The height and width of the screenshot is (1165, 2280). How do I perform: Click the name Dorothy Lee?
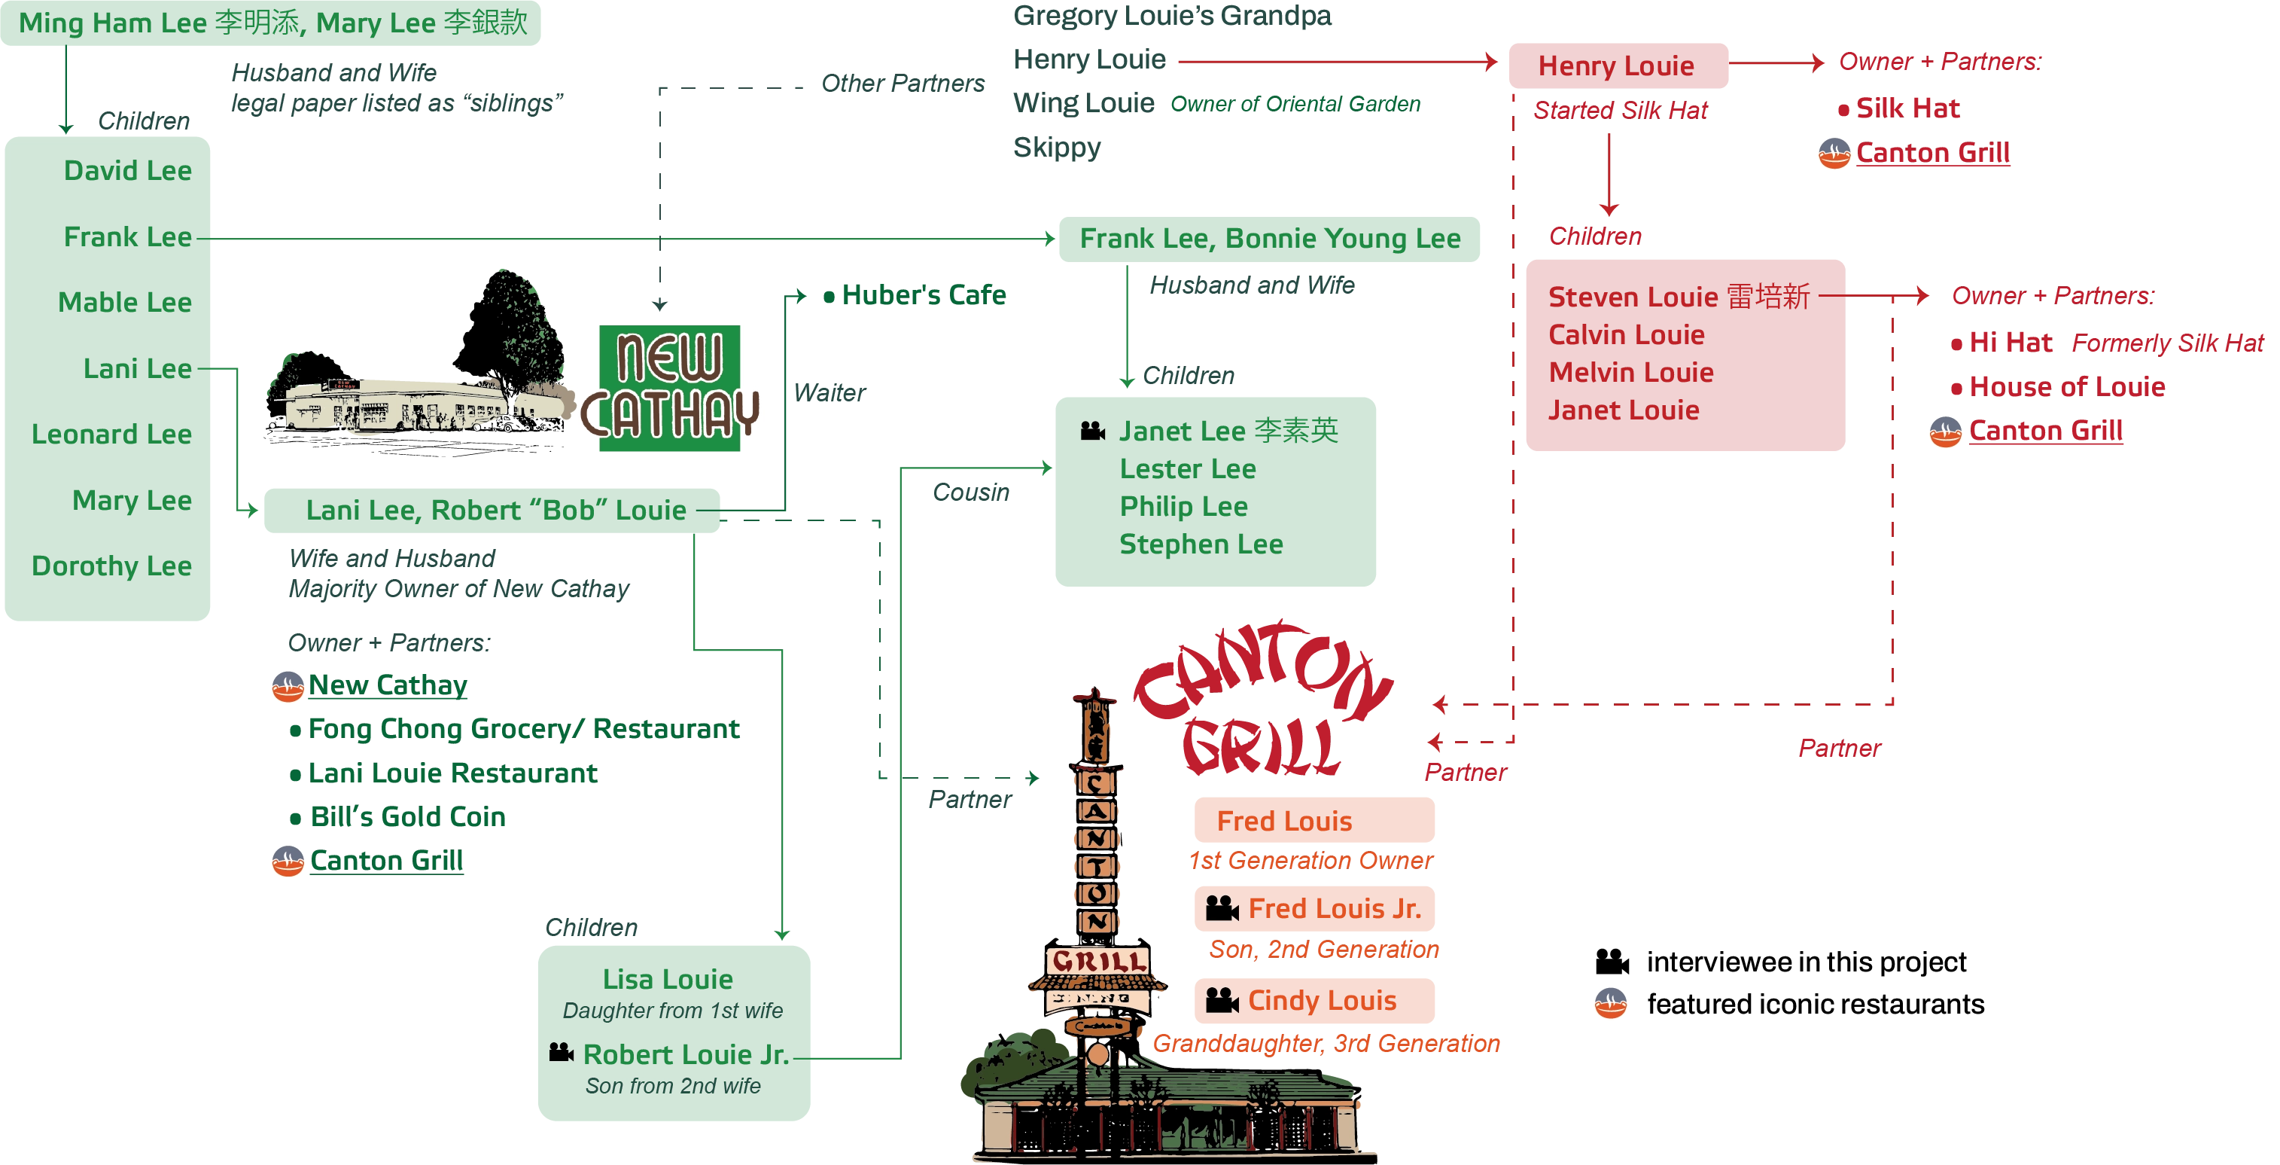111,566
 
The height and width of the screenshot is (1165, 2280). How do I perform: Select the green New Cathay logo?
670,388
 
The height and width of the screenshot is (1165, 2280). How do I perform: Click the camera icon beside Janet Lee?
1093,431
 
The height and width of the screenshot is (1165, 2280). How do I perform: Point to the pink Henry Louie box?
1618,66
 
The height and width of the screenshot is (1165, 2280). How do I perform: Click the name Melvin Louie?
1630,373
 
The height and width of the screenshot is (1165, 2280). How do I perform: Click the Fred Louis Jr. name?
1335,908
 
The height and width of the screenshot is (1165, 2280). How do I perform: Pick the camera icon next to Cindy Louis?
1222,1000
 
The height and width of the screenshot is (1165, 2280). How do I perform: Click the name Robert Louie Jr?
685,1054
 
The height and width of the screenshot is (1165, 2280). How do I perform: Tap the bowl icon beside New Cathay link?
288,687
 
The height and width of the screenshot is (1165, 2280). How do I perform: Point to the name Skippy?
1057,147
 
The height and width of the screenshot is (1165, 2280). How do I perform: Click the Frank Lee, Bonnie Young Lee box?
1269,239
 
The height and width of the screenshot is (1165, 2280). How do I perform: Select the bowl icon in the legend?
1611,1004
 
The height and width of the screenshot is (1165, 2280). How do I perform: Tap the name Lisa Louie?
668,979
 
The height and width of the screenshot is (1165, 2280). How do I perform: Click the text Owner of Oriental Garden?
1295,105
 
